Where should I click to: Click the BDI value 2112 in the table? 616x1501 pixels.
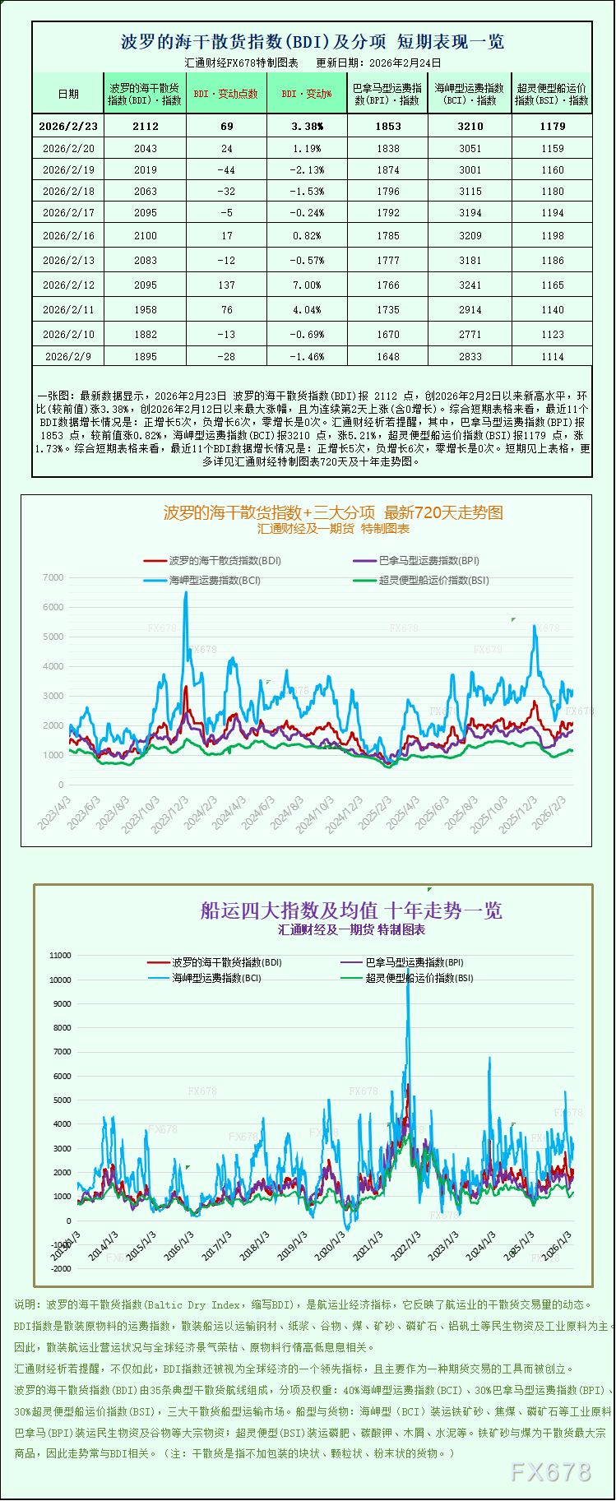(145, 126)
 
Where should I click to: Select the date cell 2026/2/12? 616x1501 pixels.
(68, 285)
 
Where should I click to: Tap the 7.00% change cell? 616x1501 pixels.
(307, 285)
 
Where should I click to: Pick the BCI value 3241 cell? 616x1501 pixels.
(470, 285)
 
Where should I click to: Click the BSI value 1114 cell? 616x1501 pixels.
(552, 356)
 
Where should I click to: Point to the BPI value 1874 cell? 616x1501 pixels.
(387, 169)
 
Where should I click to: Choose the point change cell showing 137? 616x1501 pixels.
(226, 285)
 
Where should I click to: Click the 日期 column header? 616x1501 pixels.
(68, 94)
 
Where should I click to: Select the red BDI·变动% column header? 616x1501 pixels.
(307, 94)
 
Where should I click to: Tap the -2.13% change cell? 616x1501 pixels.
(307, 169)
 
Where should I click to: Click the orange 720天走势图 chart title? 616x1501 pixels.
(333, 512)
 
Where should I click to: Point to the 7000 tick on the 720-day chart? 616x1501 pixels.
(53, 577)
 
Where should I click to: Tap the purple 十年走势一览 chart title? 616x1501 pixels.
(351, 910)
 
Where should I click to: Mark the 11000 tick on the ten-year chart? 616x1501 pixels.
(60, 956)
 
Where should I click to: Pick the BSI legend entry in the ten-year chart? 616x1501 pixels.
(419, 978)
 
